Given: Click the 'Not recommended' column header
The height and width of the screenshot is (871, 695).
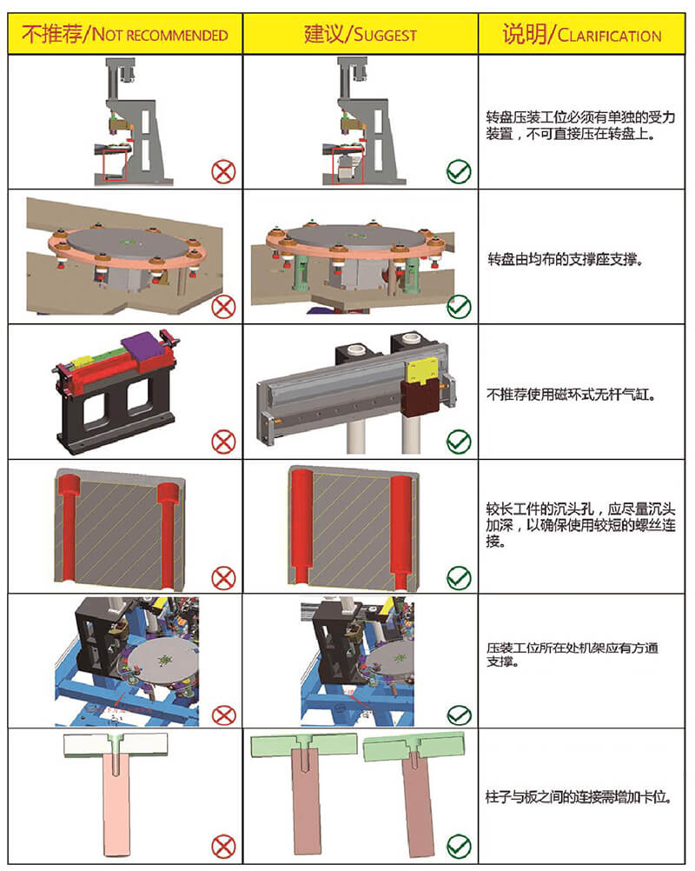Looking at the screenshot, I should coord(124,35).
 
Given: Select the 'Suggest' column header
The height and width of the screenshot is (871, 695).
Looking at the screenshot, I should coord(360,35).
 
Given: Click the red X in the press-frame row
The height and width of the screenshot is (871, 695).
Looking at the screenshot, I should coord(223,171).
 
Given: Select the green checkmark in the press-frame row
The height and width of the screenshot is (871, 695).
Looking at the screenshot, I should coord(458,171).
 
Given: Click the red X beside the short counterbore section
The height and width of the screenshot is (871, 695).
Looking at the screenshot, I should coord(223,576).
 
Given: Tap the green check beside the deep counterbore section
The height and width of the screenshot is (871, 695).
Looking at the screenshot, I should coord(458,576).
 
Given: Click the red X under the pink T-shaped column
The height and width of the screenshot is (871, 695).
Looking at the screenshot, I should coord(223,845).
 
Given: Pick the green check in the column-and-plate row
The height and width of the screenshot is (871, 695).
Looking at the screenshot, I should coord(458,845).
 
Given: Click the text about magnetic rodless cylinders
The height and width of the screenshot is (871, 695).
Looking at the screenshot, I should coord(570,394).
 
